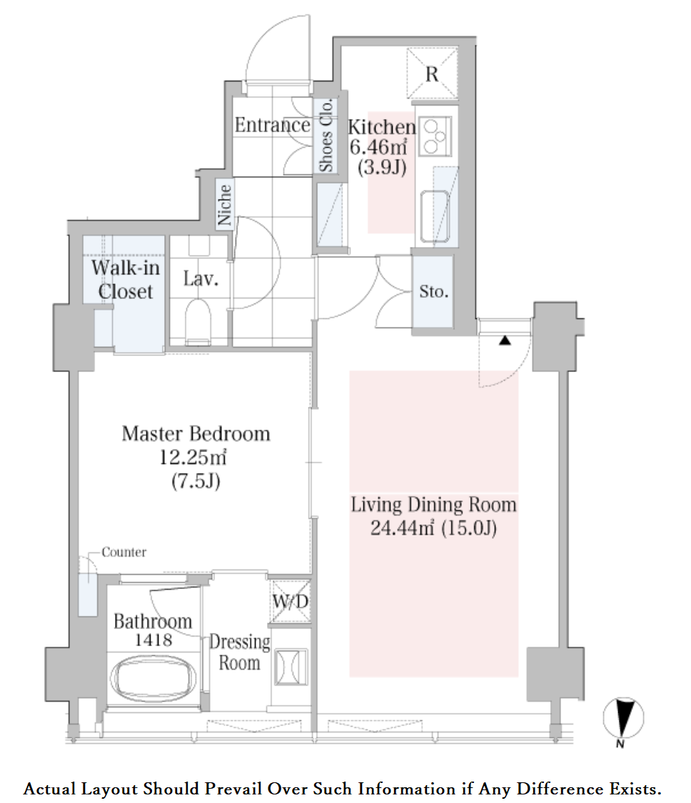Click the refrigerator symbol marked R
tap(432, 74)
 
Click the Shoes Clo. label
tap(326, 135)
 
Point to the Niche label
tap(224, 205)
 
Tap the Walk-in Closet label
tap(125, 280)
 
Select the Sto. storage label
tap(433, 291)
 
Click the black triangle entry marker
tap(505, 340)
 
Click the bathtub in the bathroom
tap(153, 679)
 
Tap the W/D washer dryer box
tap(290, 601)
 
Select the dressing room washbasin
tap(291, 667)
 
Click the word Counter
tap(124, 552)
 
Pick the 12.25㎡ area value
tap(193, 457)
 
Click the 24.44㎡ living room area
tap(403, 527)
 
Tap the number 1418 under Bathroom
tap(153, 640)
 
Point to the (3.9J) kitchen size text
tap(382, 167)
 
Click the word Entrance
tap(273, 125)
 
